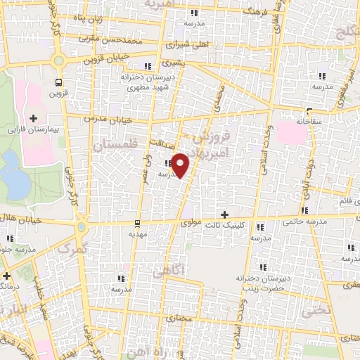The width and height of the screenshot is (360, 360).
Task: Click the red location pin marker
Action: [x=181, y=165]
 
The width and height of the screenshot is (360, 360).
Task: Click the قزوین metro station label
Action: [x=56, y=93]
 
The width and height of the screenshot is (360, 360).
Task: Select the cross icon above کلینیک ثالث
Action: [x=224, y=214]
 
